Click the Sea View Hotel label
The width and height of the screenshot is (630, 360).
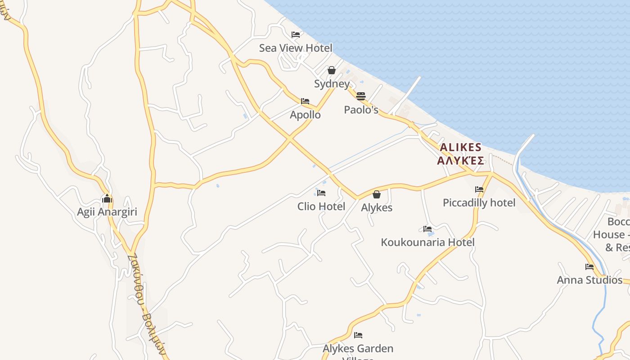pos(295,48)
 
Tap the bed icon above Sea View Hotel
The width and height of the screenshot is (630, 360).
pos(295,35)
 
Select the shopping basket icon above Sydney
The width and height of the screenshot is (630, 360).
pos(332,70)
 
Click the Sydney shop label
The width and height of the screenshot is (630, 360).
pos(332,84)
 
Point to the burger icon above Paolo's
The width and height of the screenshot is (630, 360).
pos(360,96)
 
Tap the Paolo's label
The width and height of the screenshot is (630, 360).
pos(361,110)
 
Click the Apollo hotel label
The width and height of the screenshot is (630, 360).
pos(305,115)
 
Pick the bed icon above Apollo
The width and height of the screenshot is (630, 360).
pos(305,101)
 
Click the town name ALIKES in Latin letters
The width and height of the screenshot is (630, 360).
pos(460,148)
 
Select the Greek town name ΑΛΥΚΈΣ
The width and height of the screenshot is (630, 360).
pos(460,161)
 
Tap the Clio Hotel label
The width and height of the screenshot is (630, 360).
pos(321,207)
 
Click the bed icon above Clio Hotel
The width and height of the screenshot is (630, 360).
pos(321,193)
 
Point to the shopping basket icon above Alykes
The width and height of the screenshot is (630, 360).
pos(377,194)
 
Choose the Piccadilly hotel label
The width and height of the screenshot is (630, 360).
pos(479,203)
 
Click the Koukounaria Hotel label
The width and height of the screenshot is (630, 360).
pos(427,243)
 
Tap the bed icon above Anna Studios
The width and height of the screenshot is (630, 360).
pos(589,267)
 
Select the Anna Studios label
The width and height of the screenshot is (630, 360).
pos(589,280)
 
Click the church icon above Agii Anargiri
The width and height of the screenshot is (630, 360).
pos(107,198)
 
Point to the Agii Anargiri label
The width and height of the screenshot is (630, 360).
pos(107,212)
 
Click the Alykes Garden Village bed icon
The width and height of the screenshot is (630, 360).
pos(358,335)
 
